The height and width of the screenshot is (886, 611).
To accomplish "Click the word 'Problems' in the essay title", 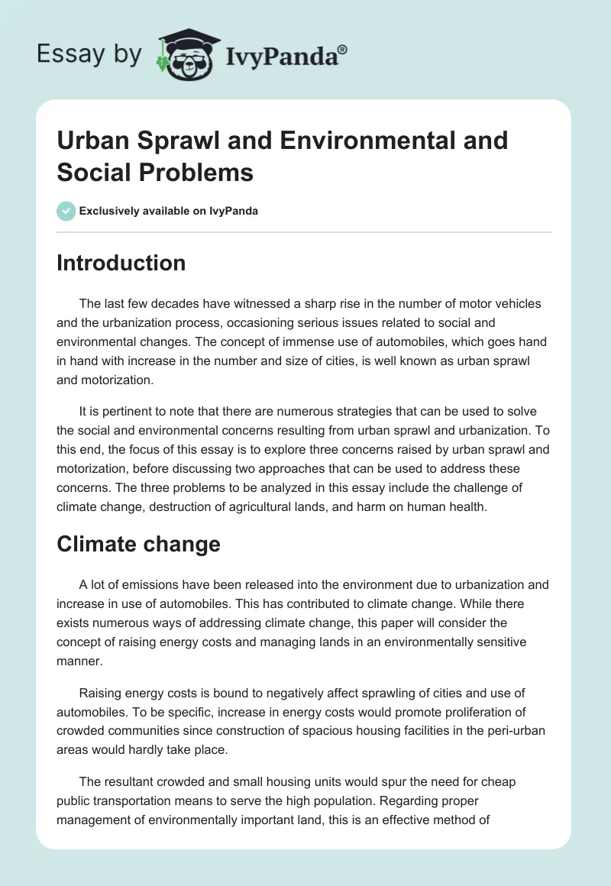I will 197,172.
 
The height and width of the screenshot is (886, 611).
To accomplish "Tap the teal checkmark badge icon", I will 66,211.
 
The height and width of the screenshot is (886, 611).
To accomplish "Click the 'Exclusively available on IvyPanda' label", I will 169,211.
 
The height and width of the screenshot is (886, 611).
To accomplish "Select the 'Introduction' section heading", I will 121,263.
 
